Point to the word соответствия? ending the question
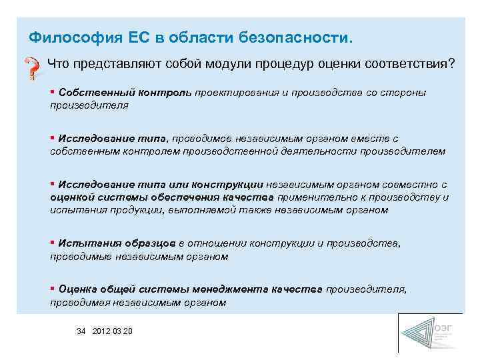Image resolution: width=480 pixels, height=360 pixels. [x=417, y=64]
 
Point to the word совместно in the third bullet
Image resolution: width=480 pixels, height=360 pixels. [x=414, y=185]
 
